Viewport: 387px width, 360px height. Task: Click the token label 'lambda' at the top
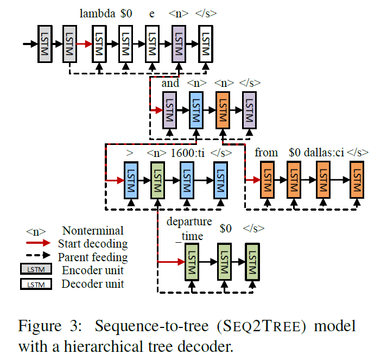[x=97, y=14]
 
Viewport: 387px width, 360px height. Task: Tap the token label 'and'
[x=170, y=83]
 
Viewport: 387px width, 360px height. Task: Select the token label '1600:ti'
[x=187, y=153]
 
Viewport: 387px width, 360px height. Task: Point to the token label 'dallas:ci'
[x=323, y=153]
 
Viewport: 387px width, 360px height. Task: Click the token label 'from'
[x=266, y=153]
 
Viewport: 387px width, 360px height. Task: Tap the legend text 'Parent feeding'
[x=93, y=256]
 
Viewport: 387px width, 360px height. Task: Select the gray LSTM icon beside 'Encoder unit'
[x=35, y=270]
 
